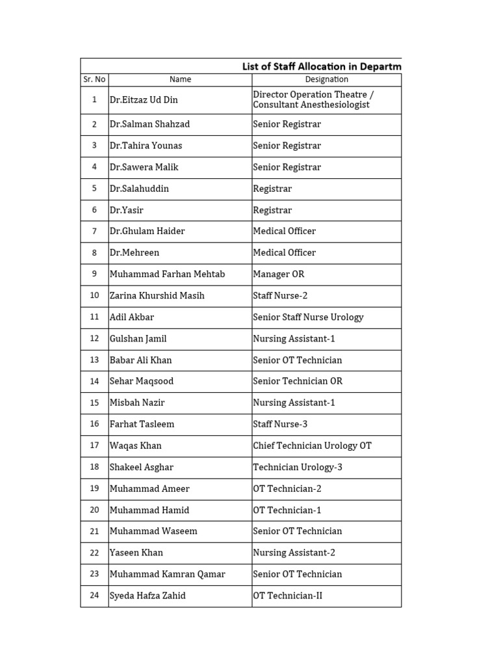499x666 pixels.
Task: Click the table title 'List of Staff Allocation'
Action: [321, 66]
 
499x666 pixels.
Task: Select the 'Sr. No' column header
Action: [94, 79]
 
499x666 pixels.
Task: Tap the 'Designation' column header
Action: [326, 79]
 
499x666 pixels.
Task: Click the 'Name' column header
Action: [180, 79]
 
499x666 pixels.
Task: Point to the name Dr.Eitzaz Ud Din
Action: [144, 100]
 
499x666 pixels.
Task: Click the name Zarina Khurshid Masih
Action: [157, 295]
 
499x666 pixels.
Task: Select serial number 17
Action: [94, 446]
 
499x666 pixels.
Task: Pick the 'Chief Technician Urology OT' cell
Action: [312, 446]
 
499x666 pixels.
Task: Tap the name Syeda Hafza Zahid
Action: [147, 595]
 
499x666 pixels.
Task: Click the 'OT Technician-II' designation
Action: [287, 595]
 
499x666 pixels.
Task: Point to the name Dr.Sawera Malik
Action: [144, 167]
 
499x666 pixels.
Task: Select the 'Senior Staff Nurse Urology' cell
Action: [308, 317]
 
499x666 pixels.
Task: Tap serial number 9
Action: [94, 274]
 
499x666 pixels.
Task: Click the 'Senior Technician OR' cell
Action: [298, 381]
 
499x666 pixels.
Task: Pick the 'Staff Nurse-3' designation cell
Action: [280, 424]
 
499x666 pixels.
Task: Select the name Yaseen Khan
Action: [136, 552]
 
